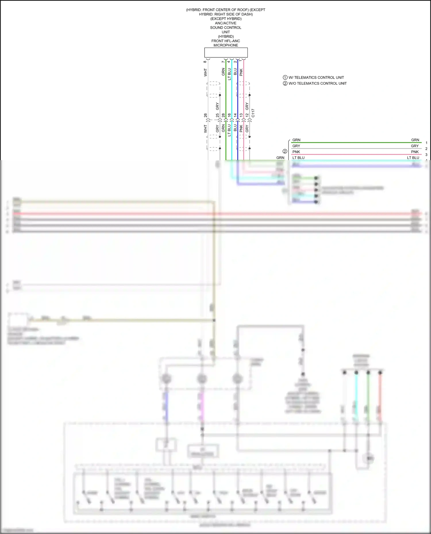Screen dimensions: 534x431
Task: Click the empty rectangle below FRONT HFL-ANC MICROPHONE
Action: click(226, 53)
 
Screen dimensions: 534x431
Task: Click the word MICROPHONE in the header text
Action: click(226, 45)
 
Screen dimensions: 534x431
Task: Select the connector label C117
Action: click(253, 113)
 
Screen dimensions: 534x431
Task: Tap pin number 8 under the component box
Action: click(205, 62)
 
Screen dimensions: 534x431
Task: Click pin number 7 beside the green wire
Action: click(223, 62)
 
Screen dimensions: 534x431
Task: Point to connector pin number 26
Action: click(205, 115)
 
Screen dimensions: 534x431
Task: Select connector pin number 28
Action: click(223, 115)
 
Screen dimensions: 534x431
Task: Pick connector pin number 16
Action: click(229, 115)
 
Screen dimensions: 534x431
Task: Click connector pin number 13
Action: click(241, 115)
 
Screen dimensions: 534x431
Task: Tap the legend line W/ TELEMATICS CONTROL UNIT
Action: click(316, 77)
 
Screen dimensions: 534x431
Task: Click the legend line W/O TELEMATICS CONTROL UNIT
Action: click(318, 84)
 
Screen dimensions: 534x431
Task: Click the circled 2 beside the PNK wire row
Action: click(285, 151)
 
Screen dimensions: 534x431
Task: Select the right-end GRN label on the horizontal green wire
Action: click(415, 140)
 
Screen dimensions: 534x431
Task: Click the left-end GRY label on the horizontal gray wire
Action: click(296, 146)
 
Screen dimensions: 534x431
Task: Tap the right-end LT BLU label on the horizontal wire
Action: click(413, 158)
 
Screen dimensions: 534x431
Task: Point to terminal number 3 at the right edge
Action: click(426, 155)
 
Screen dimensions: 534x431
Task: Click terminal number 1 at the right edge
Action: click(426, 143)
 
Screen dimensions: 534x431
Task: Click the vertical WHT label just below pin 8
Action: click(205, 72)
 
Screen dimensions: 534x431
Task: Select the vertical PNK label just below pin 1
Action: click(241, 72)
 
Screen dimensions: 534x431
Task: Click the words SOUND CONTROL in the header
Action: click(226, 28)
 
